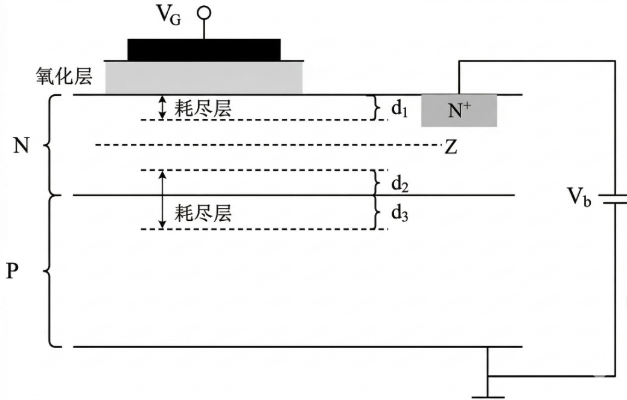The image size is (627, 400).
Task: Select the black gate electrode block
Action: coord(204,49)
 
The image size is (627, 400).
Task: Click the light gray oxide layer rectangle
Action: coord(204,77)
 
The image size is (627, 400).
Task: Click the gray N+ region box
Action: coord(459,110)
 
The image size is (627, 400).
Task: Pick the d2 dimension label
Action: coord(399,183)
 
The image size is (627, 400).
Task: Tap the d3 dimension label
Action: coord(399,213)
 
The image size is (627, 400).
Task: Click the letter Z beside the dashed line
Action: coord(450,147)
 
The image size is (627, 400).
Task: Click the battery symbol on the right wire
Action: coord(615,198)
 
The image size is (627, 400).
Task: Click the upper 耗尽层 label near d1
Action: coord(203,109)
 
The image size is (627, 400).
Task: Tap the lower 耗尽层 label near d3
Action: coord(203,214)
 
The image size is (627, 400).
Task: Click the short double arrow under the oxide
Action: coord(162,107)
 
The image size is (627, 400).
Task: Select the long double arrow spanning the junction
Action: coord(162,200)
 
